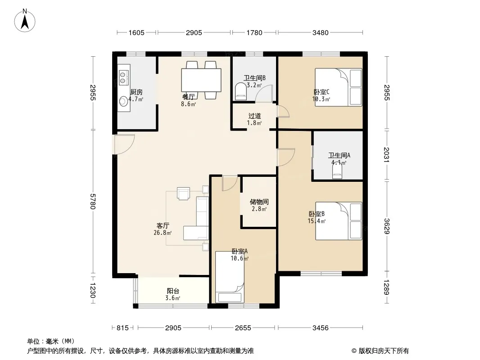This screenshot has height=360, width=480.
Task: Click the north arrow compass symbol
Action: click(x=25, y=21)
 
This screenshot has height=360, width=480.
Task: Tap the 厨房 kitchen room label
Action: click(x=136, y=92)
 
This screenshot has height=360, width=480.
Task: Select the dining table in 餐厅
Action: click(x=201, y=80)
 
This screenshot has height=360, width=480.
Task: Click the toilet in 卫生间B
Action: click(x=240, y=92)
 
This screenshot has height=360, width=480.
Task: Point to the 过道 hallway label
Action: click(x=255, y=116)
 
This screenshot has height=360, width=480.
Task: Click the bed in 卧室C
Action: click(x=339, y=87)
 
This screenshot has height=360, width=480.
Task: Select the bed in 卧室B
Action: click(x=339, y=221)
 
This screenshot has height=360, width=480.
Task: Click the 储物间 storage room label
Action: click(x=259, y=202)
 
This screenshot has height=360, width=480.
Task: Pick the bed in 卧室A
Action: click(x=230, y=277)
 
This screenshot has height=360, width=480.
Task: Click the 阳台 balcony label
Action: click(x=173, y=291)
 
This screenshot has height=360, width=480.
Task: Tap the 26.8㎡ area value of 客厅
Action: click(x=163, y=233)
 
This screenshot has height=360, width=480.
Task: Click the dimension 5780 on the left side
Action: click(x=93, y=200)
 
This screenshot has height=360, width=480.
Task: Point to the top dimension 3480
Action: click(x=320, y=32)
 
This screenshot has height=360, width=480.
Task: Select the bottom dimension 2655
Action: click(x=243, y=328)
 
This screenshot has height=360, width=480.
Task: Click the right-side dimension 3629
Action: click(x=387, y=226)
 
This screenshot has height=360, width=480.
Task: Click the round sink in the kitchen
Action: click(x=123, y=101)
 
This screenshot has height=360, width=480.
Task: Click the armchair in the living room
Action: click(x=183, y=193)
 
